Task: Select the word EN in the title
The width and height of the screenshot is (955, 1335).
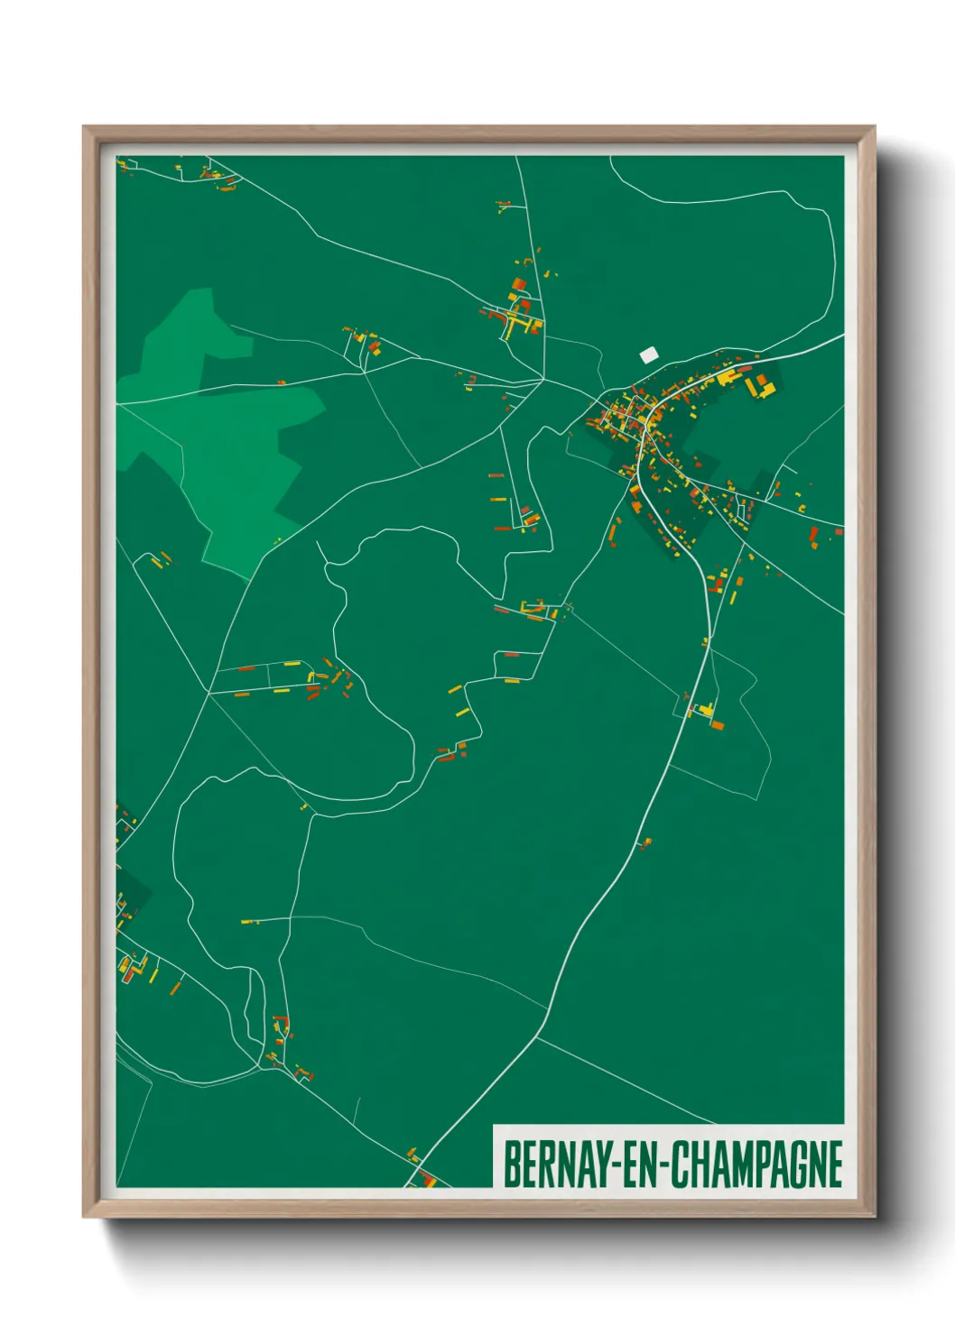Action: coord(641,1165)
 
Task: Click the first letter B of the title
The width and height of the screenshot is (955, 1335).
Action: coord(510,1165)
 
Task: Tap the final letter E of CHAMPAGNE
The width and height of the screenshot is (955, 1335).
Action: coord(835,1165)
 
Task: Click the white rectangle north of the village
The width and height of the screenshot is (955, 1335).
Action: coord(648,355)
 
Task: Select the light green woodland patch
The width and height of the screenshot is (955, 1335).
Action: coord(226,424)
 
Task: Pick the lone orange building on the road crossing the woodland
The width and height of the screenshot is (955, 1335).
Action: coord(282,382)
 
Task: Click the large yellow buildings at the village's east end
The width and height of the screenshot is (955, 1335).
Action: coord(759,386)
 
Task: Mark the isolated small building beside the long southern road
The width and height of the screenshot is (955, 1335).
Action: coord(644,843)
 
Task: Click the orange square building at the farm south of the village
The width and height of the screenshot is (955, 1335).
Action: coord(718,724)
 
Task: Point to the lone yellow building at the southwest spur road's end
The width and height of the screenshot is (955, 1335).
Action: coord(249,922)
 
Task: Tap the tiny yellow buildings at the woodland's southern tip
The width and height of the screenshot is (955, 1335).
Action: coord(277,540)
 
